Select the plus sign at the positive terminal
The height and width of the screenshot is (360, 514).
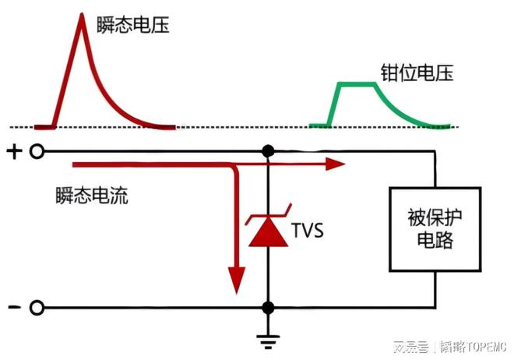(13, 152)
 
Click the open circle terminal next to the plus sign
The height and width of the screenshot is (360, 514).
(36, 152)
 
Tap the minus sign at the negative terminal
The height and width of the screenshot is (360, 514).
(13, 307)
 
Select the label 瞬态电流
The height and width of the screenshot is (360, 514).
(92, 195)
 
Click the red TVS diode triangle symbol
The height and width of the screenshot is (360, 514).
(269, 235)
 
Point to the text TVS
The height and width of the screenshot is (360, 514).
(308, 231)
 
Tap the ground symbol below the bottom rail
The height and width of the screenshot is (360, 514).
(269, 336)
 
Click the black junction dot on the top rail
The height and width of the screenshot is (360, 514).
(269, 151)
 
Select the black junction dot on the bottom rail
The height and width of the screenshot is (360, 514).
(269, 307)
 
